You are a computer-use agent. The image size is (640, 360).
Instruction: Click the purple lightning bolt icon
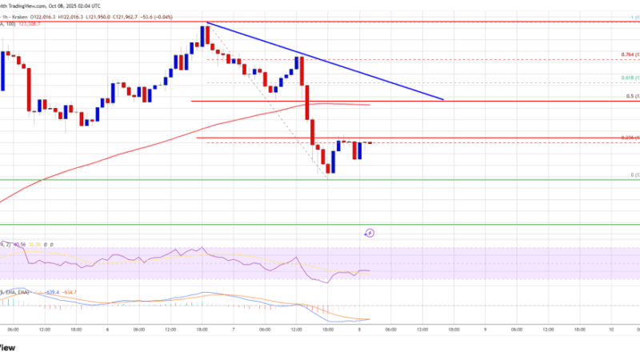[369, 234]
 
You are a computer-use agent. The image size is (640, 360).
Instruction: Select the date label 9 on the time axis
[484, 328]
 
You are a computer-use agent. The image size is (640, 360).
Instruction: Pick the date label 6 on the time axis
[107, 328]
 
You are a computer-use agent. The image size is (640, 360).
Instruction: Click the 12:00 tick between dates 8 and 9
[422, 328]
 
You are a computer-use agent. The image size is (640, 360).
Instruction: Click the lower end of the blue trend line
[443, 99]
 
